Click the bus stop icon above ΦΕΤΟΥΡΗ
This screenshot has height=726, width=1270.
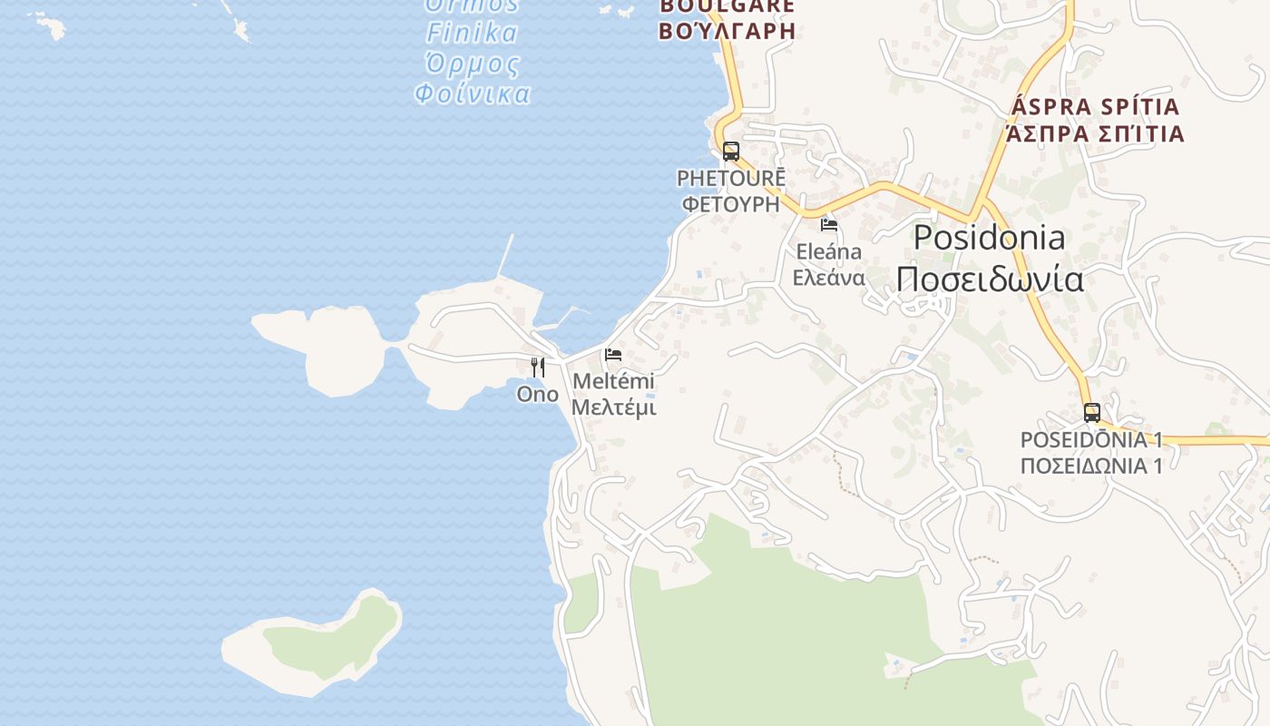730,152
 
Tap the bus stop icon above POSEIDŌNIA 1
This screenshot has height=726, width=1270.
1091,413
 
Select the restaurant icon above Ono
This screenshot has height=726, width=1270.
538,368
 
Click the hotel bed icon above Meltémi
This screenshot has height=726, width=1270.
613,354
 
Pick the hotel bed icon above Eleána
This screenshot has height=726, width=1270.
828,224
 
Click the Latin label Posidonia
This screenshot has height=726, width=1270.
989,238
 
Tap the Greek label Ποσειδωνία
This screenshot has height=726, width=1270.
989,279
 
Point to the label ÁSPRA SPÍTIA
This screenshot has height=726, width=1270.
1095,107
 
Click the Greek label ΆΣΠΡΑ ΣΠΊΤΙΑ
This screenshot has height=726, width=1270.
1095,134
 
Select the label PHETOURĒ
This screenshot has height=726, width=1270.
731,178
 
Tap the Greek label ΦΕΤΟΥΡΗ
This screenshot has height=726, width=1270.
731,203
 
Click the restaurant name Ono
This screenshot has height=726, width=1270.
537,394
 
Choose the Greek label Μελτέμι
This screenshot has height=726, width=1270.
613,407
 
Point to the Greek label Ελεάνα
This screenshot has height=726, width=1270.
828,278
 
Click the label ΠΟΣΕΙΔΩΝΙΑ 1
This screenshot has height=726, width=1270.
1091,466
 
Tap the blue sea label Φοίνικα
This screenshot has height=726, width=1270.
472,93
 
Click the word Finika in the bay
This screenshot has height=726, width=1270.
472,34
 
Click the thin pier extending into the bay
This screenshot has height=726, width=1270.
505,255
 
